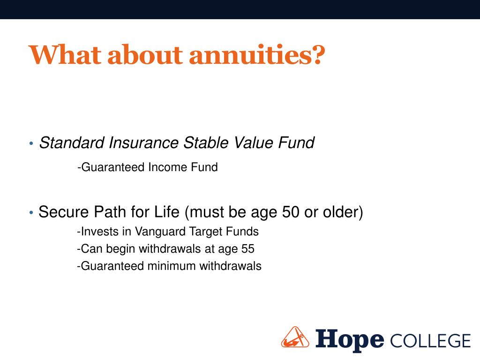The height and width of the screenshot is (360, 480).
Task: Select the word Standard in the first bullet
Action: [72, 142]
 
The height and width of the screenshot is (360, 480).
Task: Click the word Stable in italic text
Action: [206, 142]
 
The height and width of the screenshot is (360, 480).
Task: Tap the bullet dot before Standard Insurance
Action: [31, 143]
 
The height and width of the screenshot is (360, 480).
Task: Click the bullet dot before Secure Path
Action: [31, 212]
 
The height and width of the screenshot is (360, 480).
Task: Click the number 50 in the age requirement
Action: [291, 212]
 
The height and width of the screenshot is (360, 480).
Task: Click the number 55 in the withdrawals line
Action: [247, 249]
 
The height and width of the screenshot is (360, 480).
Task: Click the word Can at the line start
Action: [91, 249]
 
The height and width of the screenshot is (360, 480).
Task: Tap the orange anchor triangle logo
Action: [295, 337]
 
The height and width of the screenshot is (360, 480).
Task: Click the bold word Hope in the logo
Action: [350, 340]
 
